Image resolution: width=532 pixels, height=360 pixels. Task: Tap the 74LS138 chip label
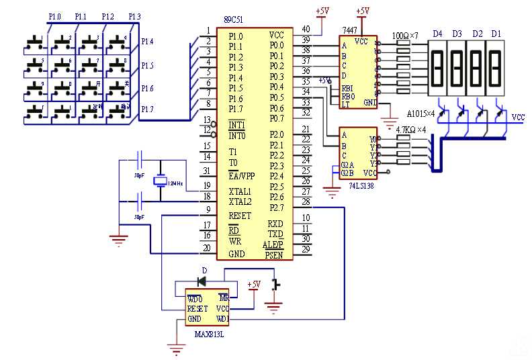pyautogui.click(x=357, y=183)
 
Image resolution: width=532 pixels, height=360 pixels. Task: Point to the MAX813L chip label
pyautogui.click(x=209, y=333)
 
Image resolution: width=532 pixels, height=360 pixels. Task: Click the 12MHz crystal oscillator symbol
pyautogui.click(x=161, y=181)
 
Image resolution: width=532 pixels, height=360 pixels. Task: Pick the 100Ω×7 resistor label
pyautogui.click(x=405, y=34)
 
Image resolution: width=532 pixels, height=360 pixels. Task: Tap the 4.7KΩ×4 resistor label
pyautogui.click(x=412, y=129)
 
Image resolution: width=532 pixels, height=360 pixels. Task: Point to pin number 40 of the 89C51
pyautogui.click(x=306, y=30)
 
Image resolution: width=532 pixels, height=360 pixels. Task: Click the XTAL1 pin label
pyautogui.click(x=240, y=191)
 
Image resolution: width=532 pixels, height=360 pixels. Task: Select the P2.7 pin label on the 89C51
pyautogui.click(x=276, y=208)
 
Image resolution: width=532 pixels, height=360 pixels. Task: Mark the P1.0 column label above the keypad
pyautogui.click(x=55, y=15)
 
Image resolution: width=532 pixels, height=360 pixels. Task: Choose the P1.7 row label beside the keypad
pyautogui.click(x=147, y=109)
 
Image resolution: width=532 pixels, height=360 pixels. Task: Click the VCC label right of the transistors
pyautogui.click(x=518, y=117)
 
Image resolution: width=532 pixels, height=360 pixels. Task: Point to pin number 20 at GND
pyautogui.click(x=208, y=248)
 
